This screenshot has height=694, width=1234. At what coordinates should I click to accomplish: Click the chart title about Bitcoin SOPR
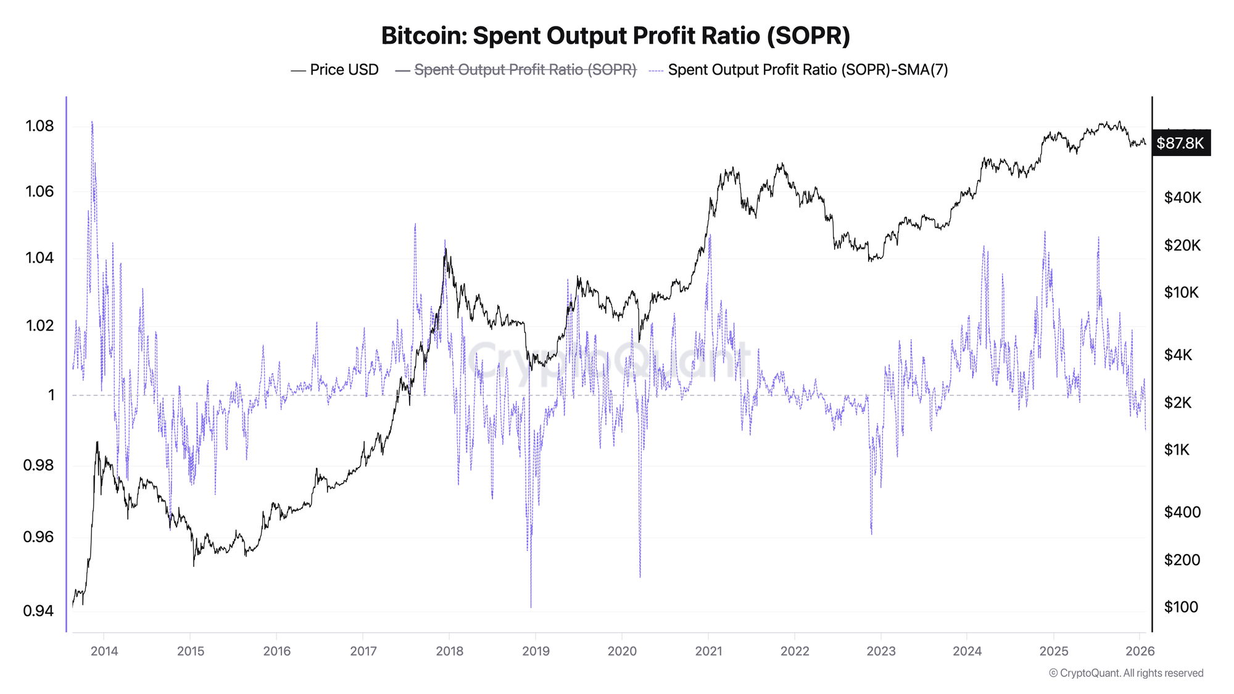tap(615, 36)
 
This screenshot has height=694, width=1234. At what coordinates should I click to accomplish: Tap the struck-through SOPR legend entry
tap(524, 70)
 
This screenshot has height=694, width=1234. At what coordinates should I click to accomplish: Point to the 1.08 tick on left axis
tap(39, 126)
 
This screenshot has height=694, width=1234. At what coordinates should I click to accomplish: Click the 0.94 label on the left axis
tap(38, 611)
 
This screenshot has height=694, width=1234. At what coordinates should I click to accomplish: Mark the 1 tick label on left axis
tap(52, 395)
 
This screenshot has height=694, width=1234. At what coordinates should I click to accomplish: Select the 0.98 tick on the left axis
tap(38, 465)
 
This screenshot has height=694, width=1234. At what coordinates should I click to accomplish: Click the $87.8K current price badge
tap(1180, 143)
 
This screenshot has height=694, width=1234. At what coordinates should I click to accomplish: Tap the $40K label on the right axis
tap(1182, 197)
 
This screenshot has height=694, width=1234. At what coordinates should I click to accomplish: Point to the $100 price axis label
tap(1181, 607)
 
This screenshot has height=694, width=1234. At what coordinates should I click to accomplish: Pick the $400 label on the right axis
tap(1182, 512)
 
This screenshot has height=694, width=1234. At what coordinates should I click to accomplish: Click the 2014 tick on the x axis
tap(104, 651)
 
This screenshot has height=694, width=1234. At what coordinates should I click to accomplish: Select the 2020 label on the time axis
tap(622, 651)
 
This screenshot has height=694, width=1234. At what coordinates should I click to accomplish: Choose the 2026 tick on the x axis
tap(1140, 651)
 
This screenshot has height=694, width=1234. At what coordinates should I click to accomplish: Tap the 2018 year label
tap(449, 651)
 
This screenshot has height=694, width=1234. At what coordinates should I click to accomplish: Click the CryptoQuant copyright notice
tap(1126, 673)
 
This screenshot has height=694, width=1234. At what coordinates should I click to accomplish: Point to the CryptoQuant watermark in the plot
tap(608, 361)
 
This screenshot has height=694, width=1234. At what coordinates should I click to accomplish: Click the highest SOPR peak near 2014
tap(92, 122)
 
